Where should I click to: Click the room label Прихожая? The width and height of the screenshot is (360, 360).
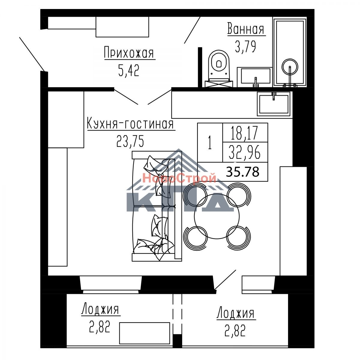pyautogui.click(x=129, y=53)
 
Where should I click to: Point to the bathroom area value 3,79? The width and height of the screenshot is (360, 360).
pyautogui.click(x=245, y=47)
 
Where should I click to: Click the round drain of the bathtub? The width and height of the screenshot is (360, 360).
pyautogui.click(x=290, y=67)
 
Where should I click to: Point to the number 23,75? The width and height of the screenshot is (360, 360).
pyautogui.click(x=130, y=141)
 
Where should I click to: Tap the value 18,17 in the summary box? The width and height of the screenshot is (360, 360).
pyautogui.click(x=244, y=133)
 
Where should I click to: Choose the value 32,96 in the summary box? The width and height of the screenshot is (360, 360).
pyautogui.click(x=245, y=153)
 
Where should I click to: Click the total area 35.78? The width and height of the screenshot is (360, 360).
pyautogui.click(x=243, y=172)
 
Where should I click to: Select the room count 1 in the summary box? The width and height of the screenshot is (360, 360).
pyautogui.click(x=210, y=143)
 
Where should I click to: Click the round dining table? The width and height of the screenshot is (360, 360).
pyautogui.click(x=217, y=216)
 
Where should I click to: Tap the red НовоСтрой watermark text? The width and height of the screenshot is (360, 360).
pyautogui.click(x=179, y=178)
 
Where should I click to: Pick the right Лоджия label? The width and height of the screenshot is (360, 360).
pyautogui.click(x=235, y=313)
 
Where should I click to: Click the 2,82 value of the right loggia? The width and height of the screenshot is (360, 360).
pyautogui.click(x=235, y=331)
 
